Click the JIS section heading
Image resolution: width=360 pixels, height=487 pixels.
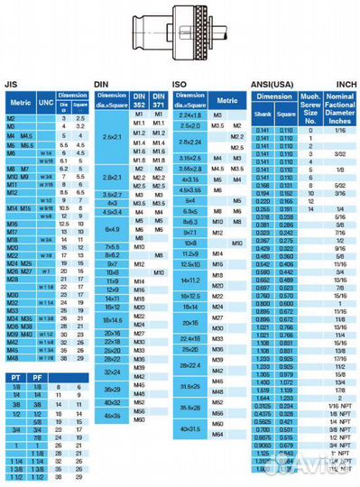coord(12,81)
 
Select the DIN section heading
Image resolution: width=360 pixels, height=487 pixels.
coord(102,81)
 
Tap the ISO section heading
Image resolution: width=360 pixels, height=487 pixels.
coord(180,81)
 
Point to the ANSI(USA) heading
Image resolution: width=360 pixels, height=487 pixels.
coord(272,81)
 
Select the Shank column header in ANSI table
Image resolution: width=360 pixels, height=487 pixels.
coord(263,114)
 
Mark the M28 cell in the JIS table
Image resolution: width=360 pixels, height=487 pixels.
coord(13,280)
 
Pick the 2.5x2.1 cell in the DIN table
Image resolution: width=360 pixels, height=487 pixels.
coord(114,135)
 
